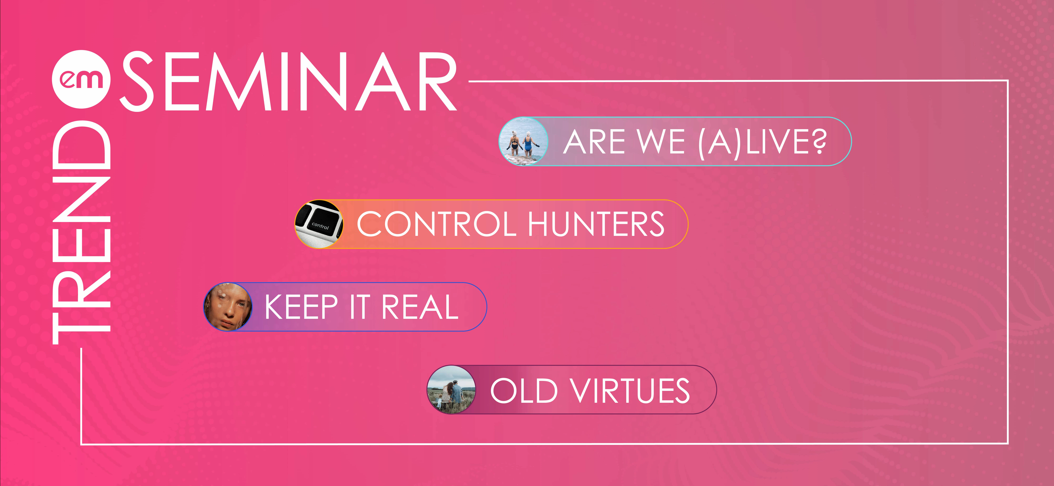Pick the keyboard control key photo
(319, 224)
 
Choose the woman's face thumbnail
(228, 307)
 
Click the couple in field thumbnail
(451, 389)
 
